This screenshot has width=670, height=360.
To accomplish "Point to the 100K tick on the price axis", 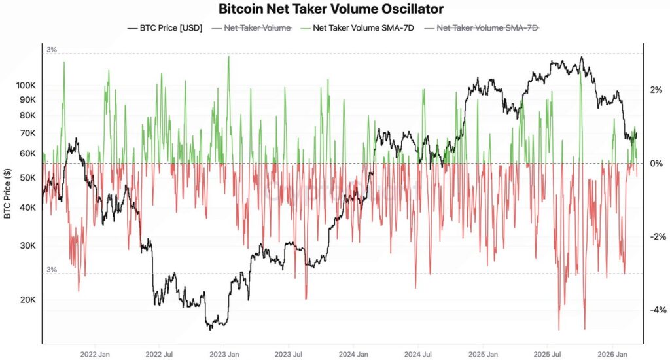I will [27, 86].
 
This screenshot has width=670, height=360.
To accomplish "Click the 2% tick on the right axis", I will [656, 90].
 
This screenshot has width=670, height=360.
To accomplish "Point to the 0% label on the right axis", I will [656, 164].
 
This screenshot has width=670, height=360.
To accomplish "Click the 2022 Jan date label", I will [94, 354].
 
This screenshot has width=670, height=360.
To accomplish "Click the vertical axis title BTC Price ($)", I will [7, 194].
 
